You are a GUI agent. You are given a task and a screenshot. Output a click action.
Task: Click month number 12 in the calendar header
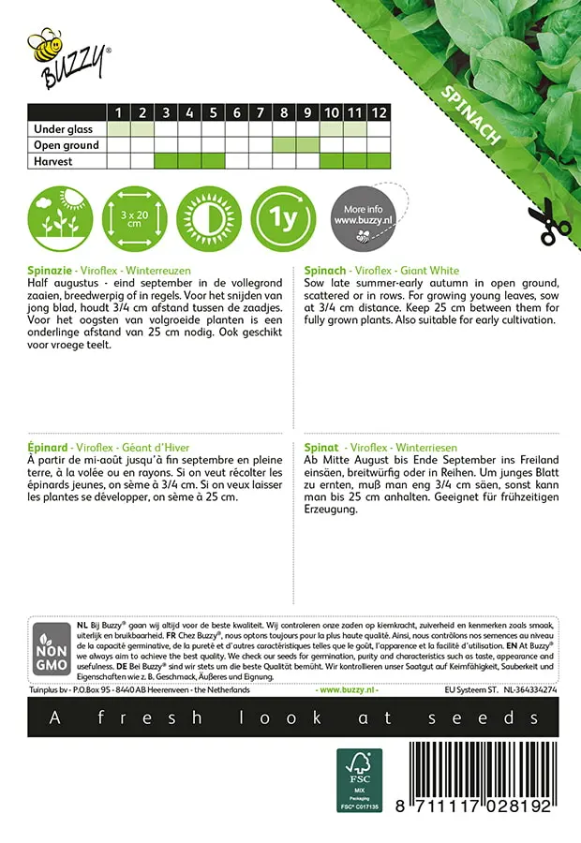point(378,112)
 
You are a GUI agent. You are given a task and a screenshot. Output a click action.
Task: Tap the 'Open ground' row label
point(66,144)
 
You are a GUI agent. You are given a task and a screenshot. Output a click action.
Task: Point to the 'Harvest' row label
point(52,160)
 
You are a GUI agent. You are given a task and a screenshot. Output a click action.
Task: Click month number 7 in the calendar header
point(237,112)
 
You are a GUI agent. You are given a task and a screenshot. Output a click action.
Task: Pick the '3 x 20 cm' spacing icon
point(133,218)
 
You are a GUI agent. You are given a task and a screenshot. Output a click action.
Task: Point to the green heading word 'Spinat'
point(321,448)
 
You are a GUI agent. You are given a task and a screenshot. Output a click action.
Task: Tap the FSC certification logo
point(360,780)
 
